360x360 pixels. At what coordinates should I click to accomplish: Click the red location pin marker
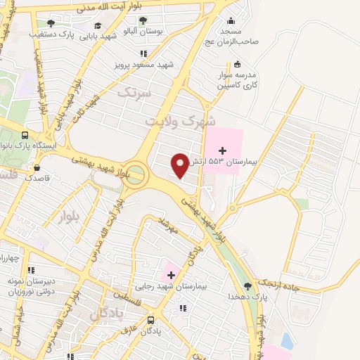[180, 165]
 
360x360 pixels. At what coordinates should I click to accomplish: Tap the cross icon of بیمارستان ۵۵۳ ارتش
[223, 150]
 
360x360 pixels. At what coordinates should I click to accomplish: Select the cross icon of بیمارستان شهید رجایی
[171, 274]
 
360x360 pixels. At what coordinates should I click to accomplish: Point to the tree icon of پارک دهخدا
[247, 286]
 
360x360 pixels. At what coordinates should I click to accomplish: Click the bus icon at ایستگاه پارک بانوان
[25, 135]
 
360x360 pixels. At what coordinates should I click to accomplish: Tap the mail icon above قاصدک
[37, 167]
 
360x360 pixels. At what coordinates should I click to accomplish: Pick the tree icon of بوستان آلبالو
[143, 21]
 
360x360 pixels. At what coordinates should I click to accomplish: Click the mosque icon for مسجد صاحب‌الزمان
[230, 21]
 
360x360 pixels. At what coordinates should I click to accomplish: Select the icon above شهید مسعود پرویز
[143, 53]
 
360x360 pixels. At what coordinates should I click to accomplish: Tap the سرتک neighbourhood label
[134, 93]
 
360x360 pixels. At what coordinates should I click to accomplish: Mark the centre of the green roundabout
[136, 174]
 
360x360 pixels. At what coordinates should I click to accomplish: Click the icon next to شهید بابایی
[97, 26]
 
